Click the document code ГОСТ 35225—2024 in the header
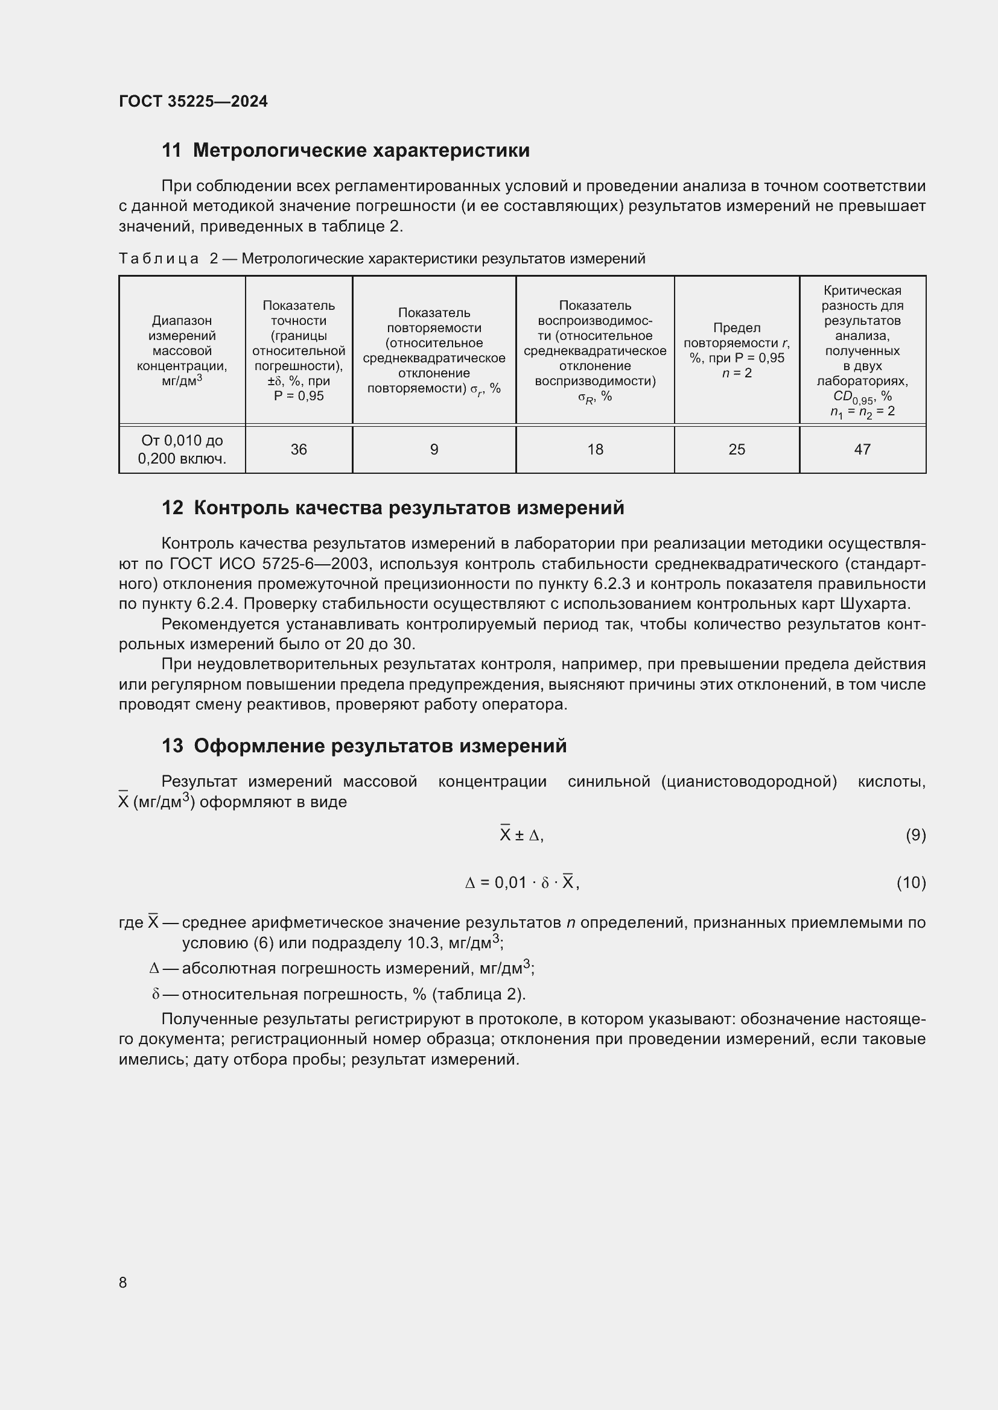[193, 101]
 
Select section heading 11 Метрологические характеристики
[345, 151]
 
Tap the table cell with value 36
[299, 450]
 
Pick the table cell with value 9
[434, 450]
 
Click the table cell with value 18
[595, 450]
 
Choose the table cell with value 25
[736, 450]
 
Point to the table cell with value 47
[862, 450]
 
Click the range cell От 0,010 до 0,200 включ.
[182, 450]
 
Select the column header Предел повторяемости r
[736, 350]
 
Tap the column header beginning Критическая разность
[862, 350]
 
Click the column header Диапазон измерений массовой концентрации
[182, 350]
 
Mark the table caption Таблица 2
[381, 259]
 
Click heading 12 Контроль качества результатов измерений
[393, 508]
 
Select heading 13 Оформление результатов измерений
[364, 746]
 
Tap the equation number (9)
[915, 835]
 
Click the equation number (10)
[911, 883]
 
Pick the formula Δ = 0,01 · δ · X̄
[523, 883]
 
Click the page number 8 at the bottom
[123, 1282]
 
